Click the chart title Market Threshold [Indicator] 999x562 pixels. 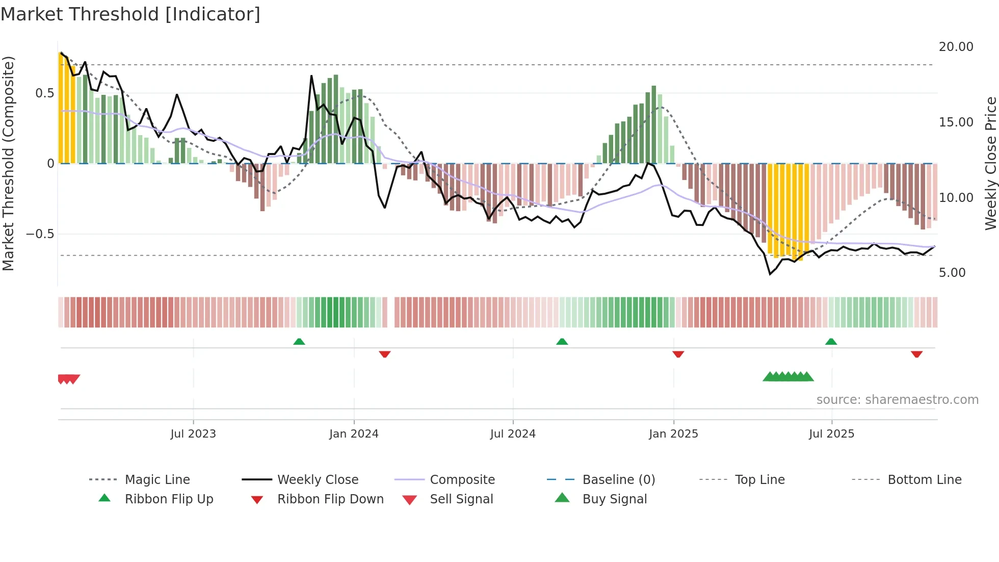click(x=130, y=14)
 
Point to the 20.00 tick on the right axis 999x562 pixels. click(x=956, y=47)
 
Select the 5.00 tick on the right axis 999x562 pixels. click(x=952, y=273)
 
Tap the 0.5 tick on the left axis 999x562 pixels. click(x=44, y=93)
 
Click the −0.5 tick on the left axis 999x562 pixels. click(x=40, y=234)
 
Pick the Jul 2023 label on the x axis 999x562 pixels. click(x=193, y=434)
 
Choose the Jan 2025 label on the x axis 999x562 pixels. click(x=673, y=434)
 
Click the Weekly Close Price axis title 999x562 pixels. click(x=990, y=163)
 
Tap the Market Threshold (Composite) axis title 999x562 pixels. click(x=8, y=163)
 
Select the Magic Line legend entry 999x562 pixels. click(x=157, y=480)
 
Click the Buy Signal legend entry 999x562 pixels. click(x=614, y=499)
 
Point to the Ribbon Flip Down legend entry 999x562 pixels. click(x=330, y=499)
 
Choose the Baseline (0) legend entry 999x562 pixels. click(x=618, y=480)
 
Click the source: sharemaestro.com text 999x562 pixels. click(x=897, y=400)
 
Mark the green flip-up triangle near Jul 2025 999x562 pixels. click(x=831, y=342)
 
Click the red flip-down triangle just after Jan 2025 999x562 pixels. click(x=678, y=354)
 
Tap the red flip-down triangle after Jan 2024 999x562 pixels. click(x=385, y=354)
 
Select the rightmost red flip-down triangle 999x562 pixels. click(x=916, y=354)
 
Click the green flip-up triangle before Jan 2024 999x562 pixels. click(x=299, y=342)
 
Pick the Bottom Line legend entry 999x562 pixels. click(x=924, y=480)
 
